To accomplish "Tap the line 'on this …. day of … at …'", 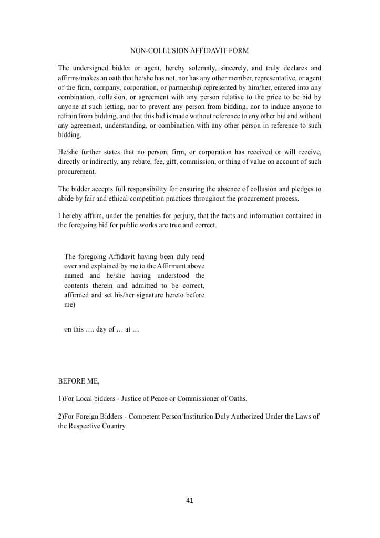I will (101, 329).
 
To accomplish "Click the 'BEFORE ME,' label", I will (78, 381).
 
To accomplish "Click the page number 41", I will (190, 500).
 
